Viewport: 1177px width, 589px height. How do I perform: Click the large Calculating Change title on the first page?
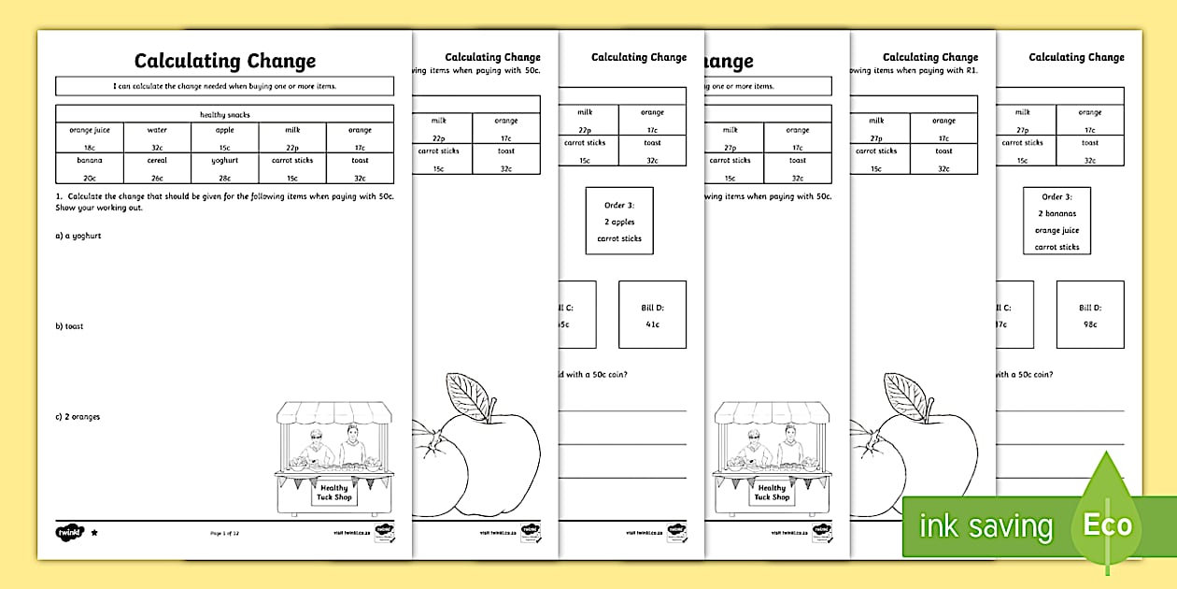coord(225,62)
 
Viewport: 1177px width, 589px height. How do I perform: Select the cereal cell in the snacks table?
coord(157,168)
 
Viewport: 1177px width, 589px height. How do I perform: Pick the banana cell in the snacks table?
coord(90,168)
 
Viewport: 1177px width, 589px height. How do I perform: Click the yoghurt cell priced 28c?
coord(225,168)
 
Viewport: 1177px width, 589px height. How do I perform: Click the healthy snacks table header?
coord(225,114)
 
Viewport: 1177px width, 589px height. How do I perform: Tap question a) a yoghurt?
coord(78,236)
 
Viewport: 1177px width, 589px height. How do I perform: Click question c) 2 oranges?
coord(78,417)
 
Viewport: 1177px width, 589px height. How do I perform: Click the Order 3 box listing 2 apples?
coord(619,222)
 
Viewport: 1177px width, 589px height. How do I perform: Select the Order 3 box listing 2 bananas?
coord(1056,221)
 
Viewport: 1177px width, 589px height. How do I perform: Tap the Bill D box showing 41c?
coord(652,315)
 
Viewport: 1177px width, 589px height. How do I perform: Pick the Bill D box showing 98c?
coord(1090,315)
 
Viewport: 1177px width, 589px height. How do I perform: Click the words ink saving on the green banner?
coord(986,526)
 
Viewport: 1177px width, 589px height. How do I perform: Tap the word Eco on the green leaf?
coord(1107,524)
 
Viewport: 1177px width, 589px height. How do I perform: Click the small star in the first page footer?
coord(93,532)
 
